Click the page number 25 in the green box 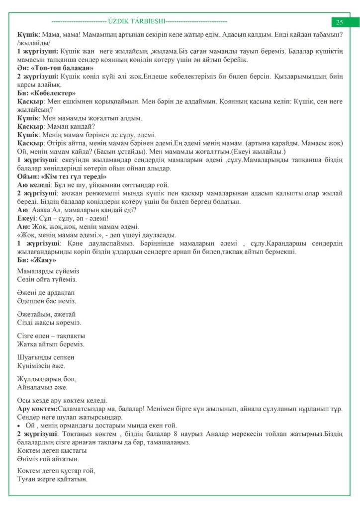click(x=340, y=22)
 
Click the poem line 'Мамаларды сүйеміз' click(x=48, y=271)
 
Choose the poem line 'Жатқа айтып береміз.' click(x=50, y=344)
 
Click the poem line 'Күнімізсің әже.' click(x=41, y=365)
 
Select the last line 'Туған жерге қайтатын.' click(x=52, y=480)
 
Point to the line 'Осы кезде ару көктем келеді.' click(x=62, y=400)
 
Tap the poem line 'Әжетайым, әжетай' click(x=46, y=314)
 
